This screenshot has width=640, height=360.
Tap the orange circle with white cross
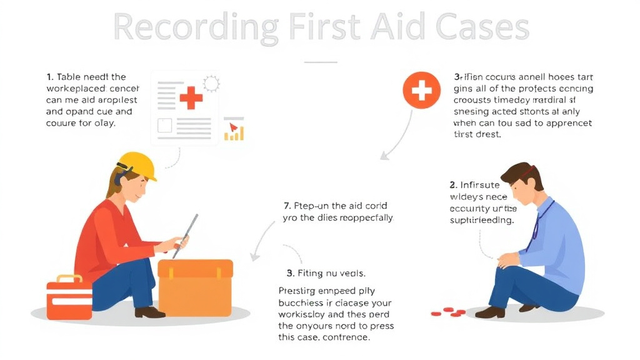click(x=421, y=91)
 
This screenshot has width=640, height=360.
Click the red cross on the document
click(x=191, y=97)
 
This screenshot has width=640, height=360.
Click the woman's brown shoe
click(x=149, y=312)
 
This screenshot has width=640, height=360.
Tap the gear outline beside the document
click(x=211, y=83)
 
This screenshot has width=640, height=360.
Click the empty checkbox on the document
click(x=164, y=126)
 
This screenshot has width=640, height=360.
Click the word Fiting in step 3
click(x=311, y=273)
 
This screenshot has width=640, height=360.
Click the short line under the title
click(x=320, y=62)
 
